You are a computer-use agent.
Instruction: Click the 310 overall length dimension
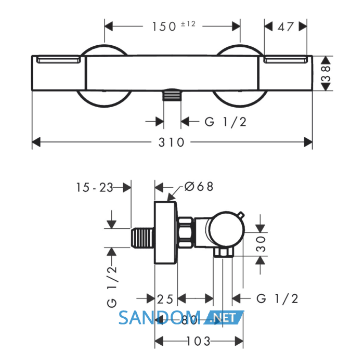[x=171, y=142]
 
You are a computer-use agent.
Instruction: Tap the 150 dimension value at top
[x=164, y=27]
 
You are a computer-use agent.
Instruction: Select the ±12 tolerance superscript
[x=188, y=24]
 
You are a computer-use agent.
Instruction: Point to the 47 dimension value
[x=285, y=27]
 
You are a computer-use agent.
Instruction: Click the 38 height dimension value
[x=326, y=73]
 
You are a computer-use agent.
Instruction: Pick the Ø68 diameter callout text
[x=199, y=186]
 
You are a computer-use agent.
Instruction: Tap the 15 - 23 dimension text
[x=95, y=187]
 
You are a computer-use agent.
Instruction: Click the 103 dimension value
[x=198, y=341]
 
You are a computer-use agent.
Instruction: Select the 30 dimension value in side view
[x=261, y=244]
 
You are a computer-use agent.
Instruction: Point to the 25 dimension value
[x=165, y=299]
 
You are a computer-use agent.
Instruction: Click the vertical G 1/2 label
[x=112, y=287]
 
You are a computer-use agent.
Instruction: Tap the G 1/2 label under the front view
[x=225, y=122]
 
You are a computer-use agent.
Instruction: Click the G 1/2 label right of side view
[x=277, y=299]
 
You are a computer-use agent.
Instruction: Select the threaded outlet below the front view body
[x=172, y=95]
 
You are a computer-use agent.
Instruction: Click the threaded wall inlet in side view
[x=142, y=238]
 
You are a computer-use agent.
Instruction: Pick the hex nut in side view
[x=186, y=232]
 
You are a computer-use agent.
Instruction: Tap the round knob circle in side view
[x=226, y=229]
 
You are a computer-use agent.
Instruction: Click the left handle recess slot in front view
[x=59, y=59]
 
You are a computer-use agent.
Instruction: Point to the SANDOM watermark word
[x=160, y=318]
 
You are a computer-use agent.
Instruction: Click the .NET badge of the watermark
[x=224, y=317]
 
